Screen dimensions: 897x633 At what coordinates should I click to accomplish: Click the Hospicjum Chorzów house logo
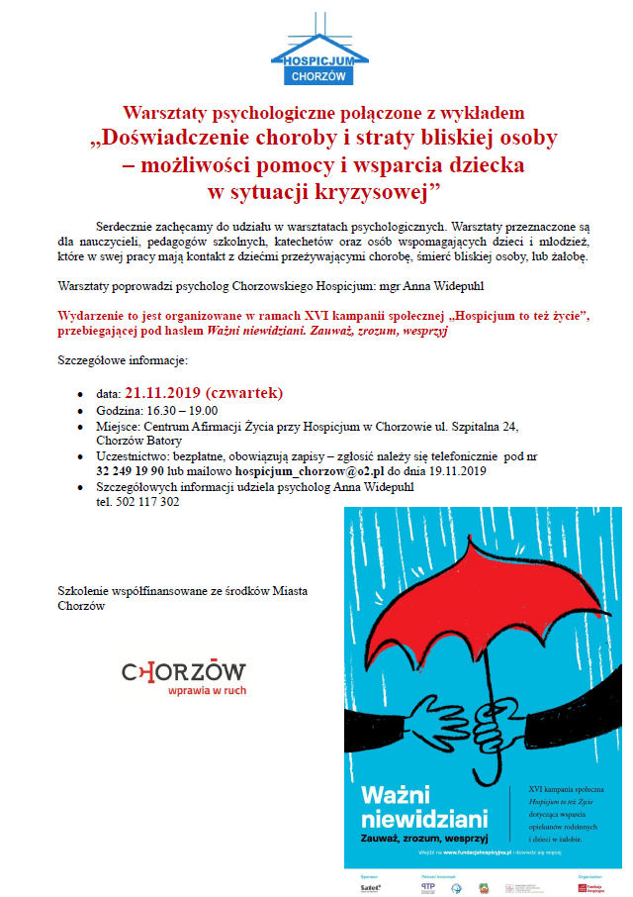pos(318,49)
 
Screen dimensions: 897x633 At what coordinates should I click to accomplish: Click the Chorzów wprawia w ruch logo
pos(184,677)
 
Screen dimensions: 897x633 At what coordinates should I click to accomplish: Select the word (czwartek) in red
pos(244,393)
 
